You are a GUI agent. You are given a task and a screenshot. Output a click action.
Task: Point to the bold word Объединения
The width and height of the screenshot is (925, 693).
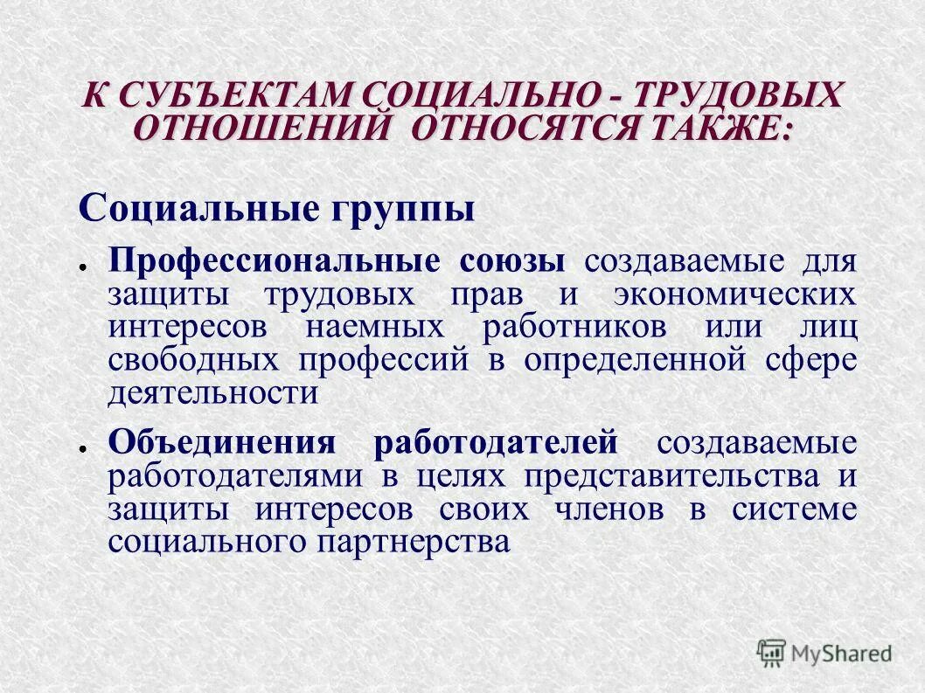(222, 443)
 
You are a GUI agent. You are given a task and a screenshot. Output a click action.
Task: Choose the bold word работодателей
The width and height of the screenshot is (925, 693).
(497, 443)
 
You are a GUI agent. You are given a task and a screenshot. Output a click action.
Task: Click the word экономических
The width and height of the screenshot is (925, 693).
(734, 295)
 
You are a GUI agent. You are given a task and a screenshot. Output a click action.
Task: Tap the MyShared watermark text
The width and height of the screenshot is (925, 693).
(841, 653)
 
